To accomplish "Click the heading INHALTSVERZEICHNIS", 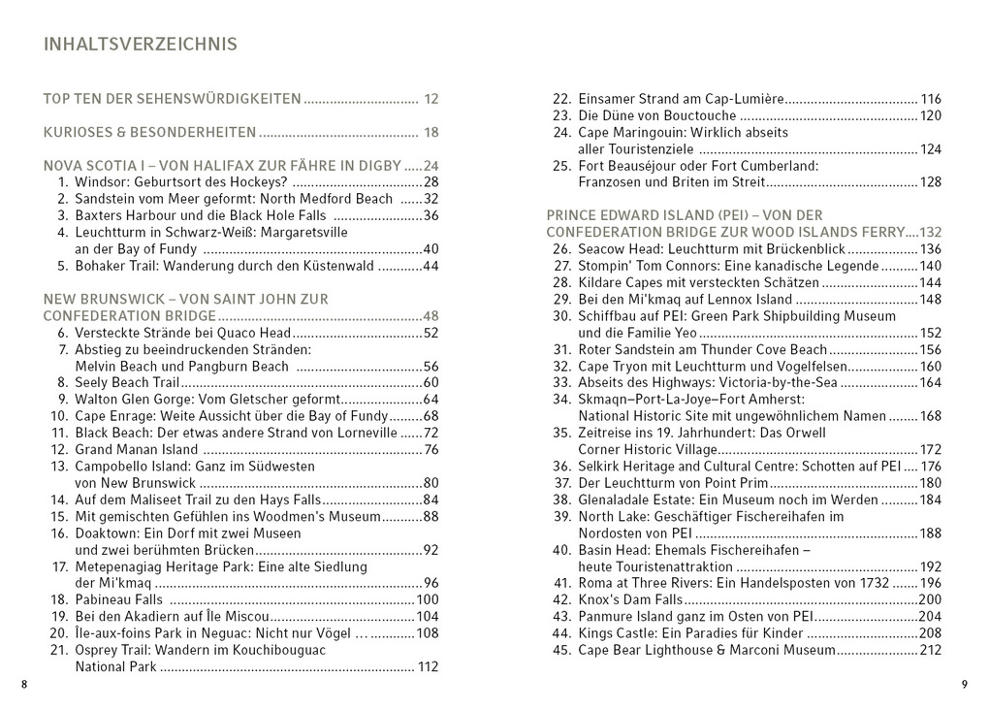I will coord(141,45).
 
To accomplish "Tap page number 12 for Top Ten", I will coord(431,99).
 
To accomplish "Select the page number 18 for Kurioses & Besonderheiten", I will coord(431,133).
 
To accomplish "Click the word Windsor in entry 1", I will coord(101,182).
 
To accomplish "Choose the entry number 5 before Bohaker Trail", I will coord(64,266).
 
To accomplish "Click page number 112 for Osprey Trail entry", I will coord(428,667).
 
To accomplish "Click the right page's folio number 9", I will coord(965,685).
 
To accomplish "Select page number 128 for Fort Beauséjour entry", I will coord(930,182).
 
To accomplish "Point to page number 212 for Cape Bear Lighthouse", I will coord(930,650).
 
